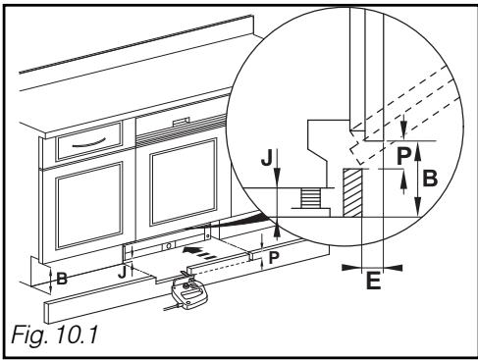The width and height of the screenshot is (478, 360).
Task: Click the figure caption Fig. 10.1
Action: [x=55, y=334]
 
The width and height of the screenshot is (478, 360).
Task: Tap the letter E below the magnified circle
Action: [x=374, y=281]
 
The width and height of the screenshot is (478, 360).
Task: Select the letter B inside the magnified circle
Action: [x=430, y=179]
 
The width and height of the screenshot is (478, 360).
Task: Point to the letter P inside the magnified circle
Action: [x=403, y=156]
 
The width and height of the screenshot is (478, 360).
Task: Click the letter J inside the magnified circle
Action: [x=267, y=158]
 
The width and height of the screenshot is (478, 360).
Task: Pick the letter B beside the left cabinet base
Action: [x=62, y=279]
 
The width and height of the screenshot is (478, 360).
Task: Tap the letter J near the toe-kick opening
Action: [x=122, y=273]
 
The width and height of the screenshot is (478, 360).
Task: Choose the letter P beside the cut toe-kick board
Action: [x=274, y=258]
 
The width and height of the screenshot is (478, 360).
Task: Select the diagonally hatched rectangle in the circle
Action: [x=352, y=192]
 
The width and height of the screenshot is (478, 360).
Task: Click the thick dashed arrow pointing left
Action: [x=199, y=253]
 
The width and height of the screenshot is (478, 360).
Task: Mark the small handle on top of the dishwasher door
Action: [x=182, y=122]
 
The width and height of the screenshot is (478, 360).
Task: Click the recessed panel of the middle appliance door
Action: [x=185, y=181]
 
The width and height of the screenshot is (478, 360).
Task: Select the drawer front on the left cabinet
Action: [x=89, y=141]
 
